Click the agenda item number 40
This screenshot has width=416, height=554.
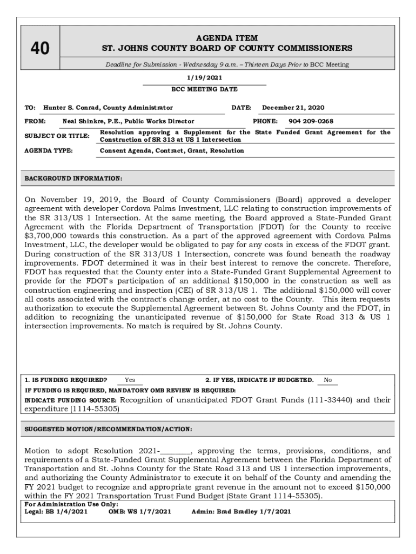click(39, 49)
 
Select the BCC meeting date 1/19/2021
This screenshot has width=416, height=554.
click(204, 78)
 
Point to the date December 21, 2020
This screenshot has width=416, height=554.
click(293, 108)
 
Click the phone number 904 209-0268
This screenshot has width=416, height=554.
click(311, 121)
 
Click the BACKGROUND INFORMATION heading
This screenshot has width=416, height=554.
click(73, 178)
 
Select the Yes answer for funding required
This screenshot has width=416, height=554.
click(130, 380)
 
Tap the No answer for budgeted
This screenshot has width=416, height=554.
click(327, 380)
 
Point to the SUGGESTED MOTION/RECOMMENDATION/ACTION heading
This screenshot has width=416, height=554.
click(108, 429)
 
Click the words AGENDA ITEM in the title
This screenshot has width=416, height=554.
click(227, 38)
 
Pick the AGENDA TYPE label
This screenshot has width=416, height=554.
click(49, 150)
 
